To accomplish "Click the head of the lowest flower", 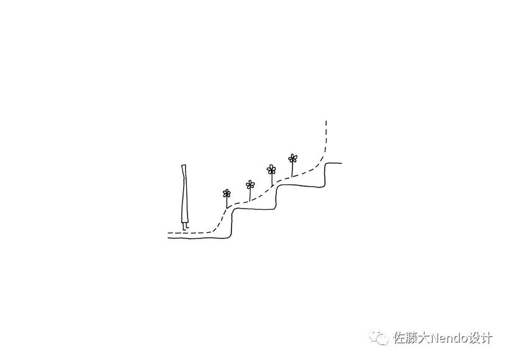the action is pos(227,193).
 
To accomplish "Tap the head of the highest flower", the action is pos(293,158).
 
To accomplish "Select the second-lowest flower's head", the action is pos(250,184).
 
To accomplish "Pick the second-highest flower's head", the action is pos(271,169).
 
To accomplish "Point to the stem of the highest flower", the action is pos(293,169).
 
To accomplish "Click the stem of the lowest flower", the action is pos(227,202).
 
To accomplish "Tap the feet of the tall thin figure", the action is pos(185,226).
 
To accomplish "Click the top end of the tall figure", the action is pos(184,165).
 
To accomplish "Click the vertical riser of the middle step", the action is pos(277,197).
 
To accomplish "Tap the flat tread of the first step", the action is pos(254,209).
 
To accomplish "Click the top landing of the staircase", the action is pos(334,163).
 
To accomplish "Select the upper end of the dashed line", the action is pos(326,122).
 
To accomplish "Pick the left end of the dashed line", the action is pos(169,233).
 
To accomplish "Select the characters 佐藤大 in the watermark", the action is pos(407,338).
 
